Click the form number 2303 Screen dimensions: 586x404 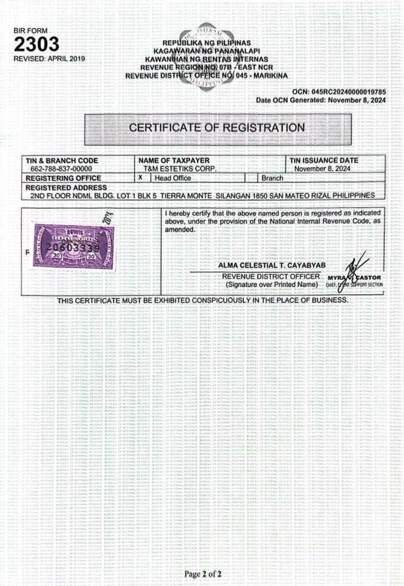pos(37,44)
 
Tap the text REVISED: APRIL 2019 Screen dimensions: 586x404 pos(49,58)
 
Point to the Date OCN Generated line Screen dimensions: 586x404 pos(321,100)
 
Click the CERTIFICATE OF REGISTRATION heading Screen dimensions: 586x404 pos(216,127)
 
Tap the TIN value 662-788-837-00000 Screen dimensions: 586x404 pos(61,169)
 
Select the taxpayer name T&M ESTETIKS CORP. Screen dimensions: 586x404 pos(181,169)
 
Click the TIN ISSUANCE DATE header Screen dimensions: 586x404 pos(324,161)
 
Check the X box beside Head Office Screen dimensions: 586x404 pos(141,178)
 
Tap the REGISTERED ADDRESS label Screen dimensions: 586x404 pos(66,187)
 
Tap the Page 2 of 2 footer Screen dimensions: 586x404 pos(203,573)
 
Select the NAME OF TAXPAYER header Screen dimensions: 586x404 pos(174,161)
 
